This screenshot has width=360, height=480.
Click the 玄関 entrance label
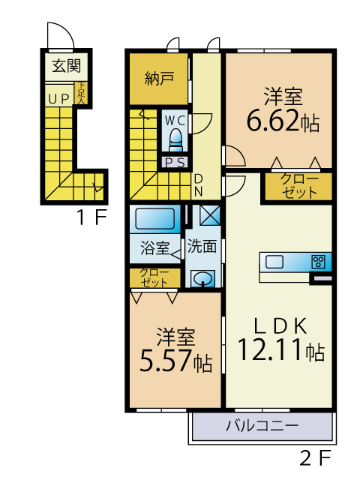67,66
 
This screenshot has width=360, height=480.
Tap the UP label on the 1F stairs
58,99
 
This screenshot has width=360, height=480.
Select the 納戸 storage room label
159,78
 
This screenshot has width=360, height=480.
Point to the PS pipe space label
175,163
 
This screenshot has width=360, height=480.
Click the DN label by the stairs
199,185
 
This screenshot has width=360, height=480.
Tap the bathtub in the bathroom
155,218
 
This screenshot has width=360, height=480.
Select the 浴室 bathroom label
155,247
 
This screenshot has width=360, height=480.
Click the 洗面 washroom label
202,246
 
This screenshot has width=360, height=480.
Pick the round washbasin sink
203,279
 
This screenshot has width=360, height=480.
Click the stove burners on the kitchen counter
318,262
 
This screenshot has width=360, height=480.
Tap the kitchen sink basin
274,262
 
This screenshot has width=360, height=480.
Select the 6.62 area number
272,120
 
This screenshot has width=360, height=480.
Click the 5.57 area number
166,360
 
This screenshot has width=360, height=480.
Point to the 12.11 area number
270,349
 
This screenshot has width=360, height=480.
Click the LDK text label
280,325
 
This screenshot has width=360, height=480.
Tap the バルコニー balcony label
262,425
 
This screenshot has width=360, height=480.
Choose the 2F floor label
316,458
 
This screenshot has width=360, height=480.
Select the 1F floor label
92,217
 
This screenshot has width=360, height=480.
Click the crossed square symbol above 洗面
210,214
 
